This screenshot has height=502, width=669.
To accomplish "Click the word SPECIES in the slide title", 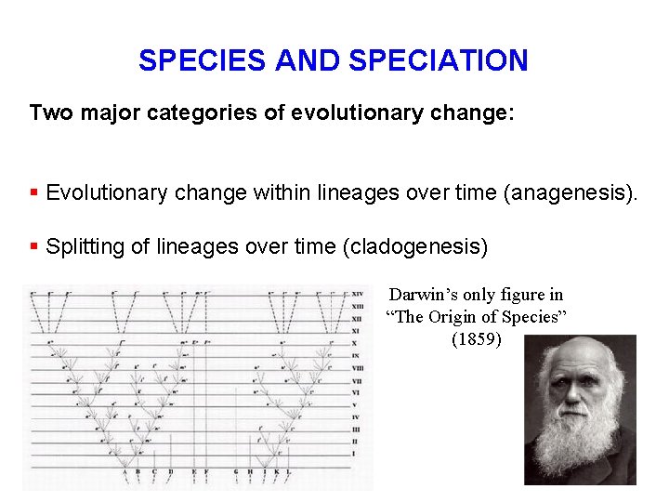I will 204,60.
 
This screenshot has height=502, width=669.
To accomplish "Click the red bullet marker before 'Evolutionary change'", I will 33,193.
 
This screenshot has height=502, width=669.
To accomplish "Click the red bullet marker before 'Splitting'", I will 33,247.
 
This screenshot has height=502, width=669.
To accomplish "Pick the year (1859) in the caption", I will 476,338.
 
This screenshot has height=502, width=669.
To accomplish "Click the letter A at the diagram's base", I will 125,472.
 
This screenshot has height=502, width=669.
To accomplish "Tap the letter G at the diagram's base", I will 236,472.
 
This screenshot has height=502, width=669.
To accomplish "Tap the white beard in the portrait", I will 581,446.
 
